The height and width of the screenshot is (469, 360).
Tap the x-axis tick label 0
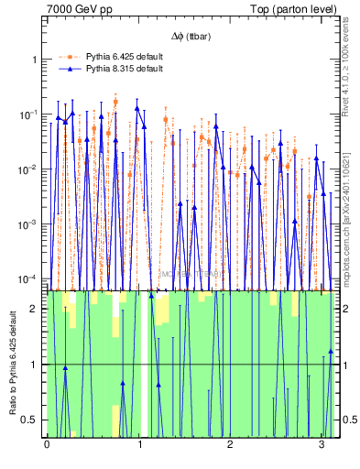pos(47,445)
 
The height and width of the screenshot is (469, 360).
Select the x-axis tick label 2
pos(230,445)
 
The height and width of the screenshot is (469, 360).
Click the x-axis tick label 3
pos(322,445)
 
